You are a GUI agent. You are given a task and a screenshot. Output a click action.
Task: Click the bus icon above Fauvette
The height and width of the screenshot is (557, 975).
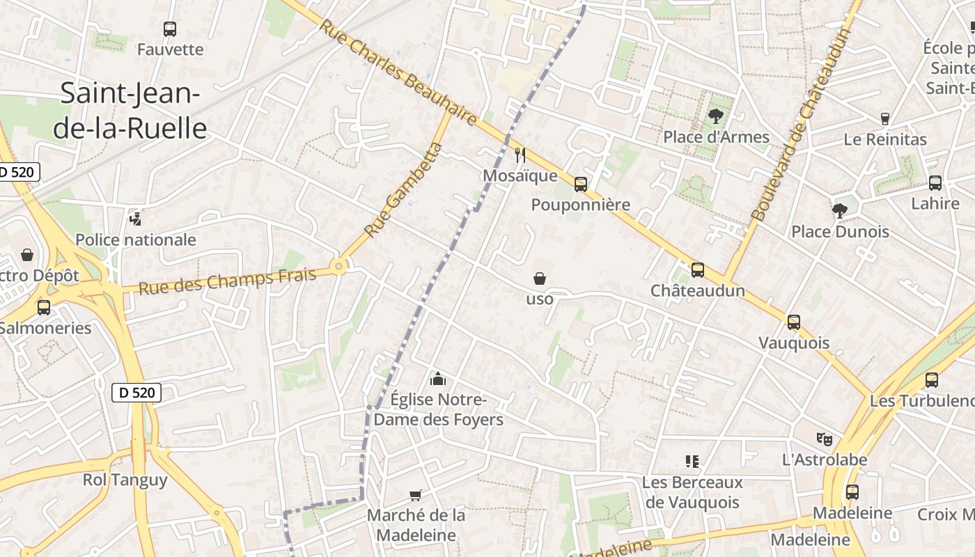(170, 29)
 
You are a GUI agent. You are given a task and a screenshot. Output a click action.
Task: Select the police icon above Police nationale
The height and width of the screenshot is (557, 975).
(136, 219)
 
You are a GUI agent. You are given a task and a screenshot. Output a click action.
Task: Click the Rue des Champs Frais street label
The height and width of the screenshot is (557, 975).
(227, 281)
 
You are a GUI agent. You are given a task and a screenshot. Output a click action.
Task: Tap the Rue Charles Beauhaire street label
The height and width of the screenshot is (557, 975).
(398, 72)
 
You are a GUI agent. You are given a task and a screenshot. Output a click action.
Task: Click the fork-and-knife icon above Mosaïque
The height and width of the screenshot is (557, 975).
(520, 155)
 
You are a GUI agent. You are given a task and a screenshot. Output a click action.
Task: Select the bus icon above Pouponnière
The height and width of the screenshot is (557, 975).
(581, 185)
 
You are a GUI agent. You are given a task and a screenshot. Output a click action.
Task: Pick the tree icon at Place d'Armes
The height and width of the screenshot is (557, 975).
(715, 116)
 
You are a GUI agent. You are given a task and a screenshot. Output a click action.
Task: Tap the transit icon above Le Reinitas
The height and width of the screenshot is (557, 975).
(885, 119)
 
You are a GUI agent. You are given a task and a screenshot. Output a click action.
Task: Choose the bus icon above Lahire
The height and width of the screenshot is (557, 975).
(935, 183)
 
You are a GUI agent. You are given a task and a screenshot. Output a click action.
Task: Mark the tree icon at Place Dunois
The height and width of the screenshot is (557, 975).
(840, 210)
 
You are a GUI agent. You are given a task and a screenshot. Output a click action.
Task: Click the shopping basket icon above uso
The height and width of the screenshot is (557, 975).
(540, 278)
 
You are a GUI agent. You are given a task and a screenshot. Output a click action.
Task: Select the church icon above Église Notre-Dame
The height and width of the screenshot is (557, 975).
(438, 379)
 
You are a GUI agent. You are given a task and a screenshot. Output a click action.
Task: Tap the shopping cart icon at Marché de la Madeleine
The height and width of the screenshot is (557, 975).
(416, 495)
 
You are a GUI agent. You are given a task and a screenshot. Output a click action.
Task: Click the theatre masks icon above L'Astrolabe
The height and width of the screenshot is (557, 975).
(825, 439)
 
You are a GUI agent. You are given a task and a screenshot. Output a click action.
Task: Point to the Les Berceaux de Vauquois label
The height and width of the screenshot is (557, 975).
(692, 492)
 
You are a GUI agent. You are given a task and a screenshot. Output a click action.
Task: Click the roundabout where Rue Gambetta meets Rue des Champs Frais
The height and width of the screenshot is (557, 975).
(339, 265)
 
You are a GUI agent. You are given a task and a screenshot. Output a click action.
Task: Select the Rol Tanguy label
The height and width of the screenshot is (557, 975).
(125, 480)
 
